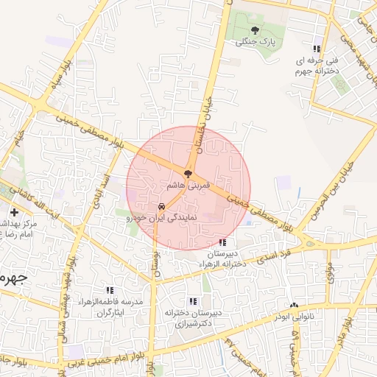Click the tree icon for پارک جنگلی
click(x=255, y=30)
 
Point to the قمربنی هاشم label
click(x=189, y=188)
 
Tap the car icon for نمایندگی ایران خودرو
click(x=161, y=207)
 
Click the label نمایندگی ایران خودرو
click(x=161, y=219)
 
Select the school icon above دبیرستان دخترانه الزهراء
click(x=222, y=242)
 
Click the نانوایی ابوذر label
click(x=295, y=318)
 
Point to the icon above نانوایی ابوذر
click(x=295, y=306)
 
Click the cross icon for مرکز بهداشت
click(x=15, y=212)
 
